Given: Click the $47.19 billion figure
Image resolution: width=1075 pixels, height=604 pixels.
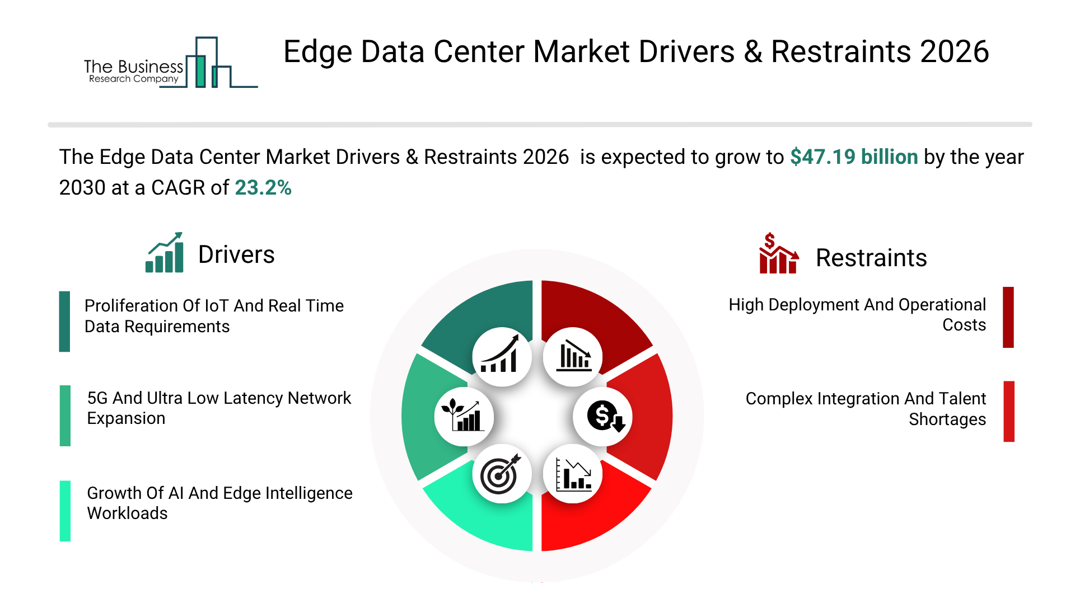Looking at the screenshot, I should [x=854, y=157].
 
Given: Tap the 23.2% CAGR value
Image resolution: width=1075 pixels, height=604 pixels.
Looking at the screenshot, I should [x=263, y=188].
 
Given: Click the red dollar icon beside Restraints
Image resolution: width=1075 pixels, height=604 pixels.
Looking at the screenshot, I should [x=778, y=254].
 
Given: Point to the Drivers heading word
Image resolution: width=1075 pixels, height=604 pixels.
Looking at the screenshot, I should [x=236, y=255].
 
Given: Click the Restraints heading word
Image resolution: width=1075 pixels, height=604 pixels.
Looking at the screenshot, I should [x=871, y=258].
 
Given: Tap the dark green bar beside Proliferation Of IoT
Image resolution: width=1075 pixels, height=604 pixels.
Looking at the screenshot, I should [x=65, y=322].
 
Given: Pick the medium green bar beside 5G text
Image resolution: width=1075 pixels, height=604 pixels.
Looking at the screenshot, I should [x=65, y=416].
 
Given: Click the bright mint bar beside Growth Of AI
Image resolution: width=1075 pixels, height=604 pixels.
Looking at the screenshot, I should [x=65, y=511].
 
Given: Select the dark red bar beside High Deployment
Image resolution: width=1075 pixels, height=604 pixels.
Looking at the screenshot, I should [x=1008, y=317].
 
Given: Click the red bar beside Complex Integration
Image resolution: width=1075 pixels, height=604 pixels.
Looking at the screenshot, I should [x=1008, y=412].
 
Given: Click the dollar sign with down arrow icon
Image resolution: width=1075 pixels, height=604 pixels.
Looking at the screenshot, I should [x=603, y=417].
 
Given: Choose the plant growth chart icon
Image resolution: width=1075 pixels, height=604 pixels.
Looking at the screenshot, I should [x=464, y=417].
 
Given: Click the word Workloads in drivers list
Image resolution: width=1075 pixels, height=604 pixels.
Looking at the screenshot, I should [x=127, y=513].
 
